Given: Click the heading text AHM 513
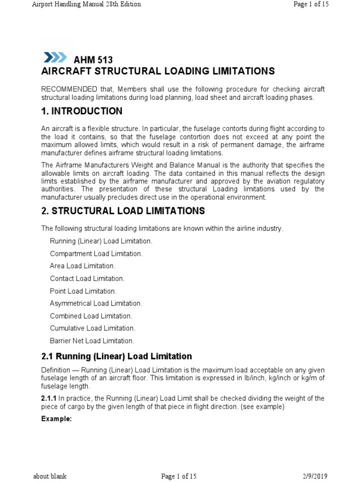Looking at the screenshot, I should (x=94, y=60).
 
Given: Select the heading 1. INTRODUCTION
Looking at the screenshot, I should (x=82, y=111).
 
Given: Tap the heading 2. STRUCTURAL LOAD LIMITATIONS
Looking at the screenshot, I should (x=123, y=211).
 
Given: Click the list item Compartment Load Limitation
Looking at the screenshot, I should (x=96, y=254).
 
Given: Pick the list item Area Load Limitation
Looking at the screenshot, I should (x=83, y=266).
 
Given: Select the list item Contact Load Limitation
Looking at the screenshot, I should (x=87, y=279).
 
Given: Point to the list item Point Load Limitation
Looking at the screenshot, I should (x=83, y=291).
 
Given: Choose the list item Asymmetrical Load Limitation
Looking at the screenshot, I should (x=96, y=304).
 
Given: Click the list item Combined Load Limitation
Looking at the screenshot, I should (x=91, y=316).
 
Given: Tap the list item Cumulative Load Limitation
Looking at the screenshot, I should (x=93, y=328).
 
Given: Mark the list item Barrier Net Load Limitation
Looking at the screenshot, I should (x=92, y=341).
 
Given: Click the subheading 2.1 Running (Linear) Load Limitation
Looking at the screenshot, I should (x=117, y=356).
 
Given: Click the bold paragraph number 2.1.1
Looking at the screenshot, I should (x=49, y=398).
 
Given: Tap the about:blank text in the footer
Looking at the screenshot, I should (x=49, y=476).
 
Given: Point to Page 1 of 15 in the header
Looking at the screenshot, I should (x=311, y=4).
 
